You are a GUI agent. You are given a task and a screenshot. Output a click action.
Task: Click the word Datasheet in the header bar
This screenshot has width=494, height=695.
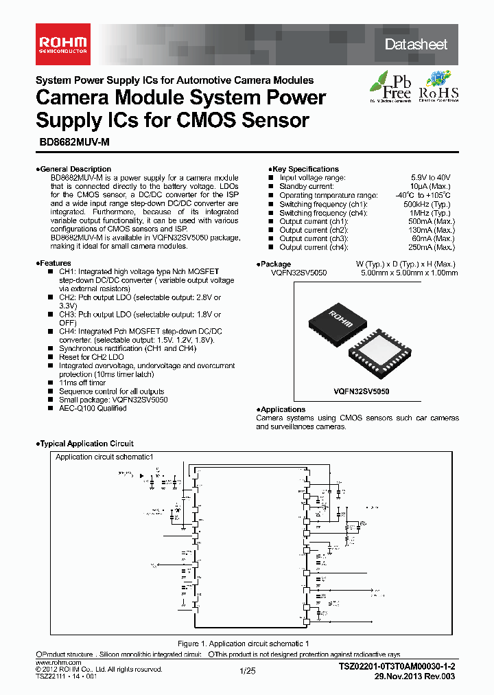pyautogui.click(x=416, y=45)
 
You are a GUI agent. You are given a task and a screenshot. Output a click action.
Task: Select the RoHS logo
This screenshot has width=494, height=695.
pyautogui.click(x=438, y=87)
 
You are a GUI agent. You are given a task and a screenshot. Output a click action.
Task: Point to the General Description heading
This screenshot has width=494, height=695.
pyautogui.click(x=75, y=169)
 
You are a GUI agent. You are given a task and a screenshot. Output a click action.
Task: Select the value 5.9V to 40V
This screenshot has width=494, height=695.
pyautogui.click(x=432, y=178)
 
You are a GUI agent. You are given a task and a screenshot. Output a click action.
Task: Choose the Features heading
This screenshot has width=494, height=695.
pyautogui.click(x=55, y=263)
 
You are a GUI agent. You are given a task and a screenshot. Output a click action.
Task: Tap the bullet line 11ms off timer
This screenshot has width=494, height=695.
pyautogui.click(x=82, y=383)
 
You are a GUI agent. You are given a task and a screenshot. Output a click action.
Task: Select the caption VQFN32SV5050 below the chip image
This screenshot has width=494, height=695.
pyautogui.click(x=362, y=390)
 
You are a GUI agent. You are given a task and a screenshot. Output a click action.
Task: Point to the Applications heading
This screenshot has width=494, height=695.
pyautogui.click(x=283, y=409)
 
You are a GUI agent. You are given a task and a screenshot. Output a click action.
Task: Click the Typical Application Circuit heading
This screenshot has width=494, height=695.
pyautogui.click(x=86, y=444)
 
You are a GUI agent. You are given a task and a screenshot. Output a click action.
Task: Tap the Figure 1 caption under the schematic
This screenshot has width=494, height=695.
pyautogui.click(x=244, y=643)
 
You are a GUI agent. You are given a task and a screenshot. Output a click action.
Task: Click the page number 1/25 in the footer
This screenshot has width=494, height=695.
pyautogui.click(x=247, y=671)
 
